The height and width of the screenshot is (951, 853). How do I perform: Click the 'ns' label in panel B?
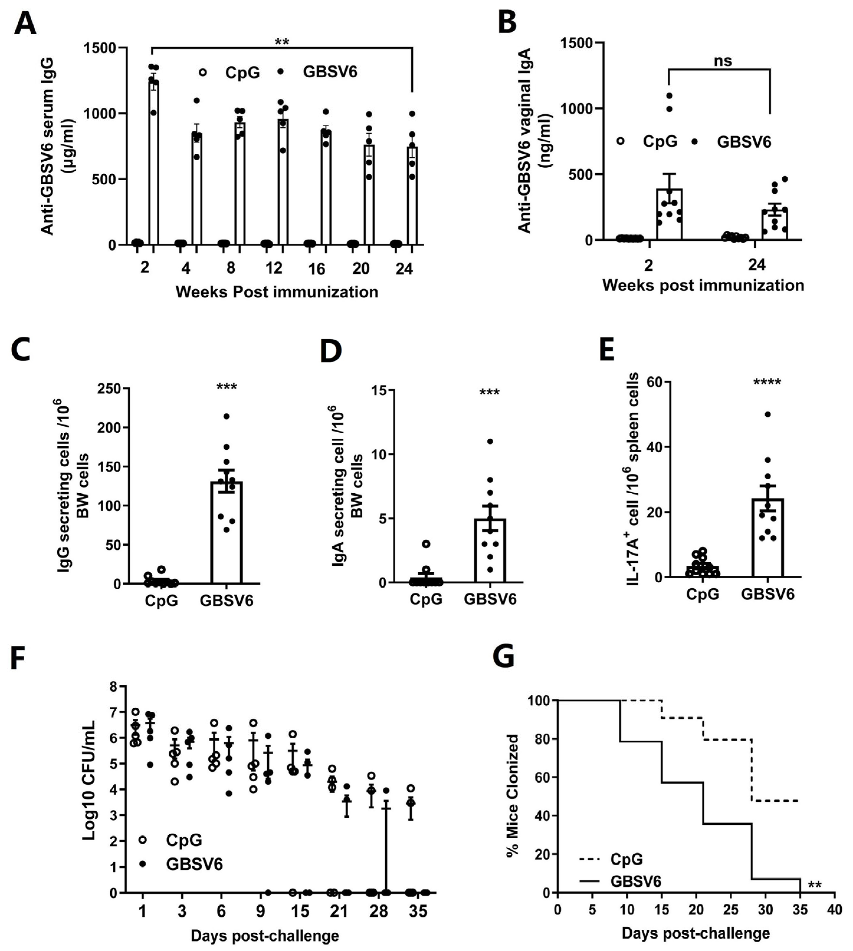(x=723, y=61)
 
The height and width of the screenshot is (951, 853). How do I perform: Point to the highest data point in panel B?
(x=669, y=96)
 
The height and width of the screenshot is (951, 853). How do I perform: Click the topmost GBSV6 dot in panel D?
(x=490, y=441)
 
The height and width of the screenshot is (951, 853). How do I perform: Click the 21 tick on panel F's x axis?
(x=339, y=911)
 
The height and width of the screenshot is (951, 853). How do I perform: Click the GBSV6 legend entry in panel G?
(x=635, y=881)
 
